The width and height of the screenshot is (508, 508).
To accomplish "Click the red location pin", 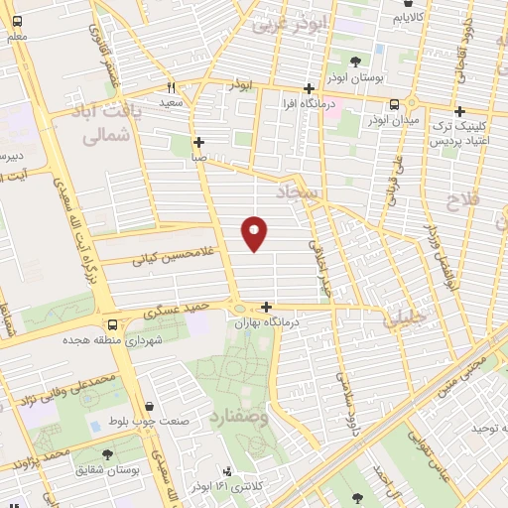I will click(x=255, y=232).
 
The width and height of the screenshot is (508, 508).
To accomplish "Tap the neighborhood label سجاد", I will click(x=301, y=190).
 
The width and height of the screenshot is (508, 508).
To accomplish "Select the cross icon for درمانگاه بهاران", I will click(x=266, y=308).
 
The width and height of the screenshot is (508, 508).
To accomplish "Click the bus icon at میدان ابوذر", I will click(x=395, y=104).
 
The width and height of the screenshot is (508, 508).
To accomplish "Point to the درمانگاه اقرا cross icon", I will click(x=310, y=89).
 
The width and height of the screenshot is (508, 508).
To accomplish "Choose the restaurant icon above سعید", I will click(x=171, y=86).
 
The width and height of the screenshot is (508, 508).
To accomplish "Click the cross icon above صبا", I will click(x=199, y=142).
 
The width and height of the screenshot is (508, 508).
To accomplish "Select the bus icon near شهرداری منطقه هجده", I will click(x=111, y=324).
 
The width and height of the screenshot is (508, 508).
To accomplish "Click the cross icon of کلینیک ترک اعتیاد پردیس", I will click(x=459, y=112).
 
